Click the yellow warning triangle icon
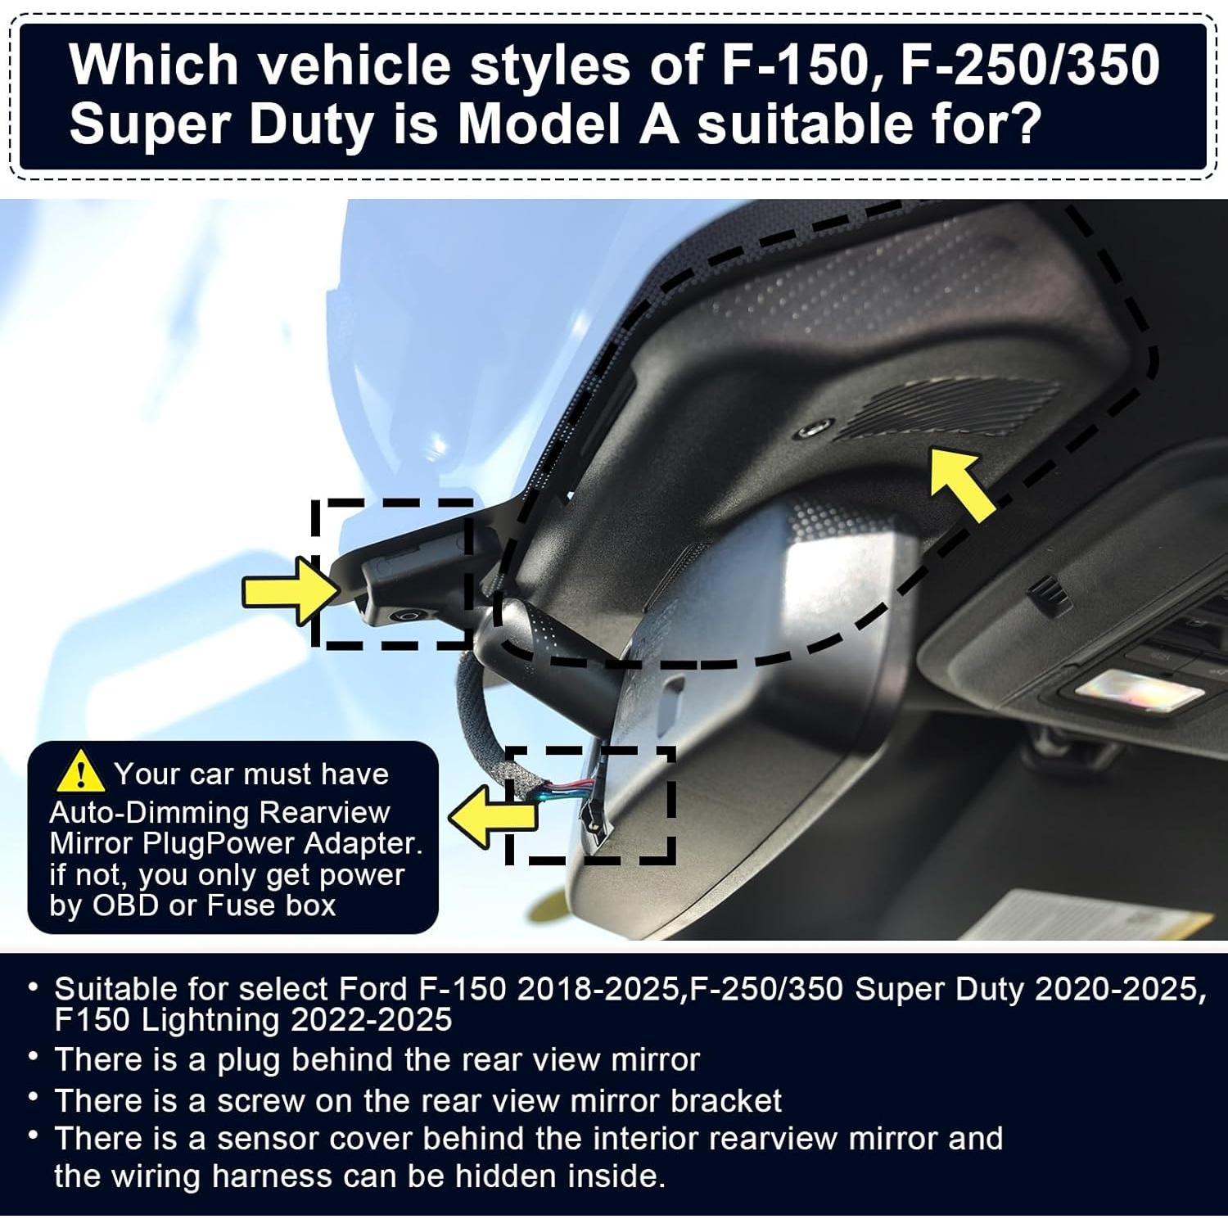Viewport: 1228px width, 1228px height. pyautogui.click(x=80, y=772)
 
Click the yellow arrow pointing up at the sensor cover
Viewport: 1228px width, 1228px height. pyautogui.click(x=963, y=484)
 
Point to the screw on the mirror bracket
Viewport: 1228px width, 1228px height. pyautogui.click(x=404, y=616)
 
